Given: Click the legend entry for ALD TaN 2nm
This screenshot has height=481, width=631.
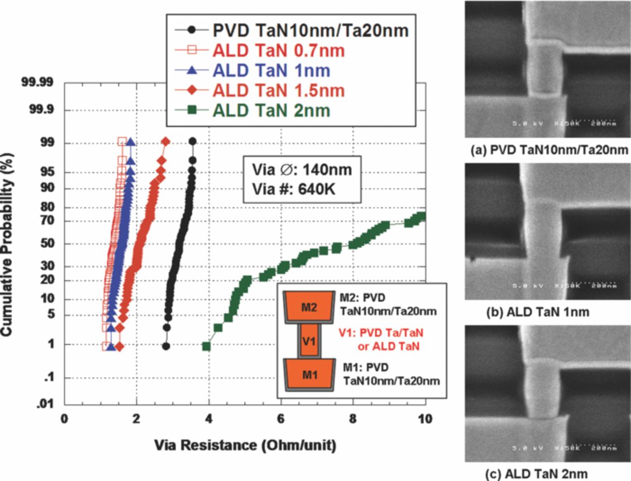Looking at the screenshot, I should click(271, 110).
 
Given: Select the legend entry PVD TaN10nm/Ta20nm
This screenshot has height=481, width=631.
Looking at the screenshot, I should click(310, 31).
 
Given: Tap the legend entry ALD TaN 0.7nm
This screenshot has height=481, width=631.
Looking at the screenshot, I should click(278, 50).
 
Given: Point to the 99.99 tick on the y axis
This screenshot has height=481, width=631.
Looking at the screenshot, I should click(37, 82).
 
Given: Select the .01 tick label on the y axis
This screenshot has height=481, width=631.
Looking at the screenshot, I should click(45, 404).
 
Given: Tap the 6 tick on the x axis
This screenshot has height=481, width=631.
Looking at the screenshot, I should click(280, 419).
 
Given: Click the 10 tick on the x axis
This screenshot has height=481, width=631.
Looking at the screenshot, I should click(424, 419).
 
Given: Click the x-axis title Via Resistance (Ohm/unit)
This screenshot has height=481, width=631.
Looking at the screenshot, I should click(245, 445).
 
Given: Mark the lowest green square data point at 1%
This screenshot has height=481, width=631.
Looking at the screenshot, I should click(207, 346).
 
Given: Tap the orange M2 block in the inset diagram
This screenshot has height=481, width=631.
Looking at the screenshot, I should click(309, 307).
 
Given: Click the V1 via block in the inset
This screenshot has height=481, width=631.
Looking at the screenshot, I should click(309, 340).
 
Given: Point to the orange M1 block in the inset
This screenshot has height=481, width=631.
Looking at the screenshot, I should click(310, 375).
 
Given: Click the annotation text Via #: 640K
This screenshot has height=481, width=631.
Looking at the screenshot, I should click(294, 189).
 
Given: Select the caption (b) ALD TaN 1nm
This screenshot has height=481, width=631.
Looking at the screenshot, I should click(537, 312).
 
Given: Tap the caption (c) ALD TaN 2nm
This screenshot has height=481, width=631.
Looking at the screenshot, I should click(536, 474).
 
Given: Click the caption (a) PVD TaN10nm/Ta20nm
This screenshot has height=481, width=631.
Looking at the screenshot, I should click(549, 150).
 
